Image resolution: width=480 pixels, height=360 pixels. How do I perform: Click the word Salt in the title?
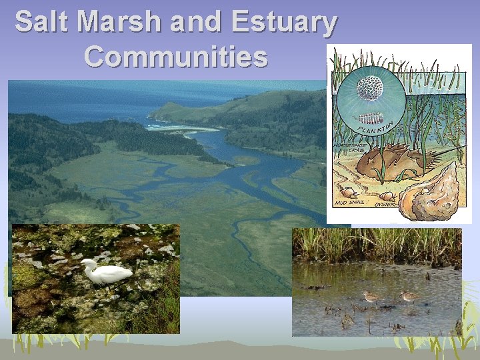pos(42,23)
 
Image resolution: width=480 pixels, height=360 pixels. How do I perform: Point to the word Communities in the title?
pos(176,57)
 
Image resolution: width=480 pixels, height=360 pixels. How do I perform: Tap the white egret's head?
pos(87,263)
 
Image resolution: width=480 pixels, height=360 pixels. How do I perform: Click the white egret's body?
pos(110,273)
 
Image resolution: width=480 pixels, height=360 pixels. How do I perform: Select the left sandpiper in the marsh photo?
pos(370,297)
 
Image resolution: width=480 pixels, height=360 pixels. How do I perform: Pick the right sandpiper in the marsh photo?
pos(409,297)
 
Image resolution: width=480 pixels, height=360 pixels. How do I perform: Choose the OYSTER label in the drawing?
pos(385,205)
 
